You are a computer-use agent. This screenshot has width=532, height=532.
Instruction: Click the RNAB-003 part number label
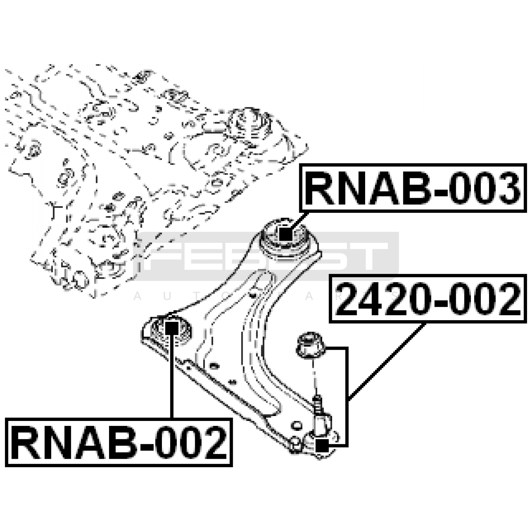pyautogui.click(x=413, y=188)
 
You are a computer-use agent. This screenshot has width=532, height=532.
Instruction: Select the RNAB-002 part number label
pyautogui.click(x=119, y=443)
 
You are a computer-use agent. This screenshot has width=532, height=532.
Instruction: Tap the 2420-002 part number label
pyautogui.click(x=428, y=299)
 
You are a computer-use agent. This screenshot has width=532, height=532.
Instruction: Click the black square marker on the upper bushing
pyautogui.click(x=285, y=235)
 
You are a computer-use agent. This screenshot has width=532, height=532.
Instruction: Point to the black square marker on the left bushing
pyautogui.click(x=172, y=329)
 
